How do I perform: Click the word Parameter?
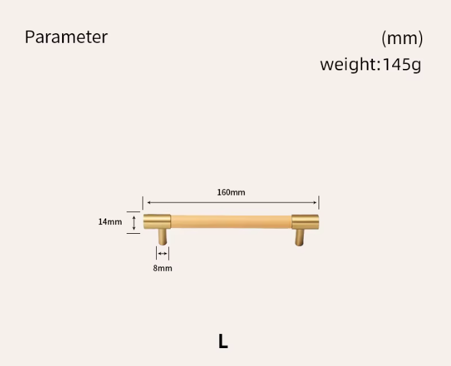(66, 37)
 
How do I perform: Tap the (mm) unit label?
(402, 38)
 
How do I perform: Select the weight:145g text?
(370, 65)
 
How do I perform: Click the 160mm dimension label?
(231, 192)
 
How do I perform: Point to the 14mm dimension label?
(110, 222)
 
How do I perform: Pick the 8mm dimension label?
(162, 268)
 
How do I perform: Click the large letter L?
(223, 341)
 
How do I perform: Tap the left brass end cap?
(157, 222)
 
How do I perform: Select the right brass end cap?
(305, 222)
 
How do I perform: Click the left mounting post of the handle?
(162, 237)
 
